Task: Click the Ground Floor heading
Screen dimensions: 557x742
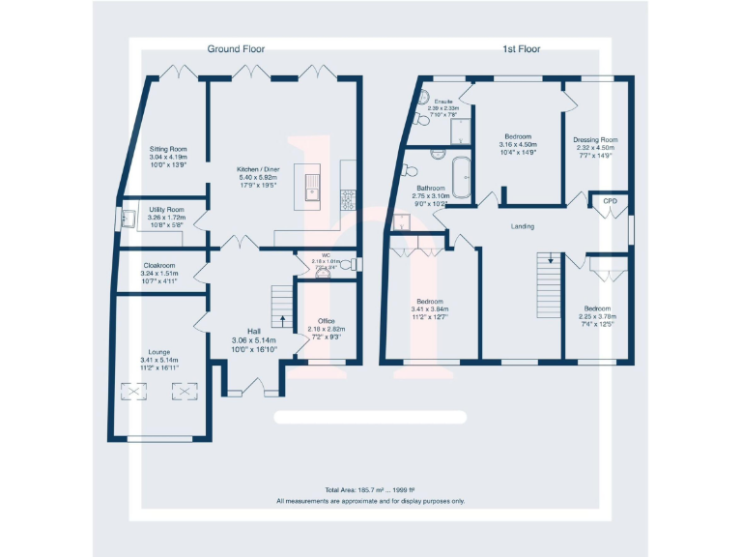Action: [236, 48]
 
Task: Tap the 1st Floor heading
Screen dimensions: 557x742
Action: [522, 48]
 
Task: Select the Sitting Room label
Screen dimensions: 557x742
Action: [167, 150]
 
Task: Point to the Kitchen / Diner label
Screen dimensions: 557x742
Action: [258, 169]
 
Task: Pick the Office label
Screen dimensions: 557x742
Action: [327, 321]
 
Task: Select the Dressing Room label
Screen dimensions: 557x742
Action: [595, 138]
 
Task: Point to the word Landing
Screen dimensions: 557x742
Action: [523, 226]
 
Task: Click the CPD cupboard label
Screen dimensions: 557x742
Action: [610, 201]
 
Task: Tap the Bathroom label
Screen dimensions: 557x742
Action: [431, 188]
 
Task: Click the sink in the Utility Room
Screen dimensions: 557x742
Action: [127, 219]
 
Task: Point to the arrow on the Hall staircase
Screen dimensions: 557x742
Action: [282, 319]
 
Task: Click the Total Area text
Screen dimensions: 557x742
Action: [370, 490]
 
